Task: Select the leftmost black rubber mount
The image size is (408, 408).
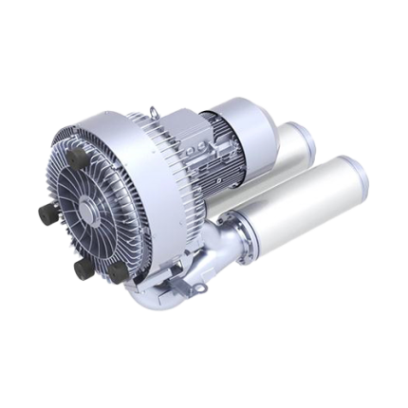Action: (45, 214)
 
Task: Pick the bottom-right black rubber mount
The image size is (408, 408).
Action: (117, 273)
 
